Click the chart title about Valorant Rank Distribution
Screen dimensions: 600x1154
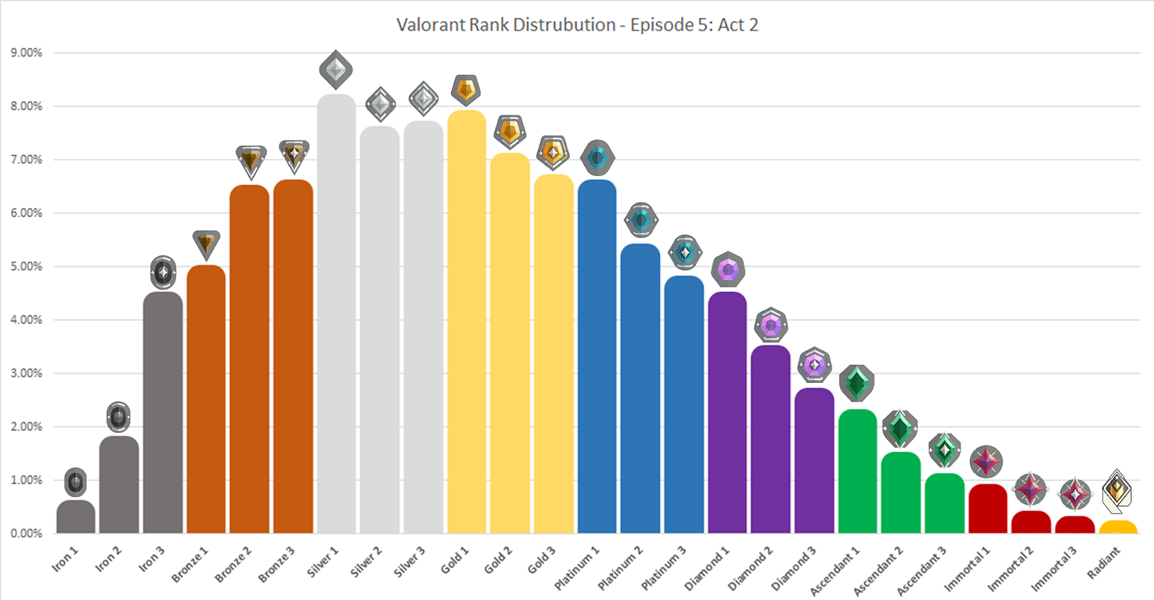coord(577,25)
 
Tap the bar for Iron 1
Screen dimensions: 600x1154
coord(76,517)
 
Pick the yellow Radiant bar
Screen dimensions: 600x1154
coord(1118,527)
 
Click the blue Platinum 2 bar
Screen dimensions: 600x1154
coord(640,389)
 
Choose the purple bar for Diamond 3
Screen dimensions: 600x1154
coord(814,462)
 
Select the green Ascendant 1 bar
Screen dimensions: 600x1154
coord(858,472)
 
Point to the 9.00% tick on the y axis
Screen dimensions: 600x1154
coord(27,53)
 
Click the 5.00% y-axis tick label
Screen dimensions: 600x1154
coord(27,266)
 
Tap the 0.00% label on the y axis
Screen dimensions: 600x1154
coord(27,533)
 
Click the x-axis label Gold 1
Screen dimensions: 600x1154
coord(455,560)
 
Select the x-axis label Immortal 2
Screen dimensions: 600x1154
coord(1010,568)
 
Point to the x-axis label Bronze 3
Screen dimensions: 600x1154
coord(277,564)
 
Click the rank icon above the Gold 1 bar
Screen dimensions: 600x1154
coord(466,90)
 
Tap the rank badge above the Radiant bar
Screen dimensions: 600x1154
coord(1117,491)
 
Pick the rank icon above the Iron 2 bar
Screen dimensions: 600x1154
coord(118,417)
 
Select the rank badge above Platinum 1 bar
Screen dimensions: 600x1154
coord(597,158)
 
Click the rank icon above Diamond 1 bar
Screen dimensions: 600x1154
coord(728,270)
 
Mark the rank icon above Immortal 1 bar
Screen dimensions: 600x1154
coord(986,462)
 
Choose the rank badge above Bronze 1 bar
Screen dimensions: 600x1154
coord(206,244)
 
